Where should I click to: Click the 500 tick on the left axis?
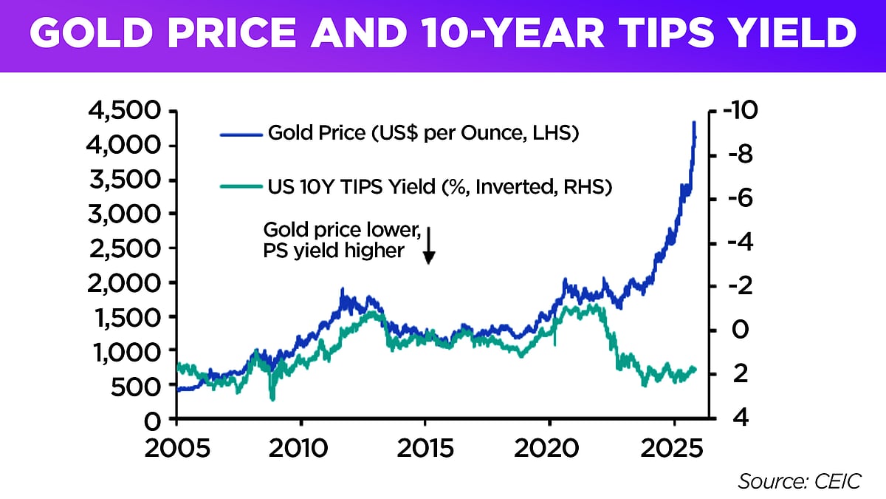140,385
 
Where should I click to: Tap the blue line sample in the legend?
241,135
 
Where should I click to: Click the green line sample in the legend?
241,188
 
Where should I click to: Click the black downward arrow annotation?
429,246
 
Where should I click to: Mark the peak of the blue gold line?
693,123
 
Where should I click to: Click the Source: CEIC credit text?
799,481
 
